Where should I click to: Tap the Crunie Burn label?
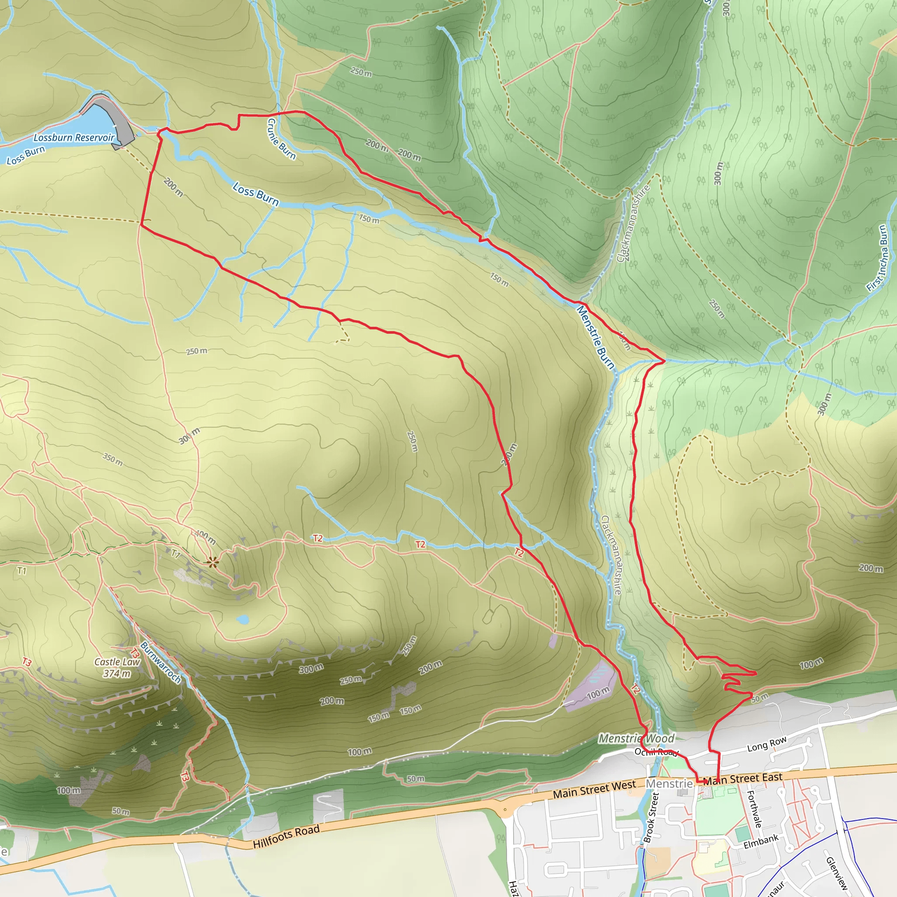click(x=281, y=139)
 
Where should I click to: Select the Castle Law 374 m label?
click(x=117, y=667)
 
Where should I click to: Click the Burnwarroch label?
click(x=161, y=662)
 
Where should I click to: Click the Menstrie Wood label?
click(x=636, y=738)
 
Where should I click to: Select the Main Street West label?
click(x=594, y=788)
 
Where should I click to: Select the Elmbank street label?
click(x=760, y=842)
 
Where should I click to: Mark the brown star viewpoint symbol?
click(x=212, y=563)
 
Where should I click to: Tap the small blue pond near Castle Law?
click(x=242, y=619)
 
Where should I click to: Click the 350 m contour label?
click(x=113, y=459)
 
